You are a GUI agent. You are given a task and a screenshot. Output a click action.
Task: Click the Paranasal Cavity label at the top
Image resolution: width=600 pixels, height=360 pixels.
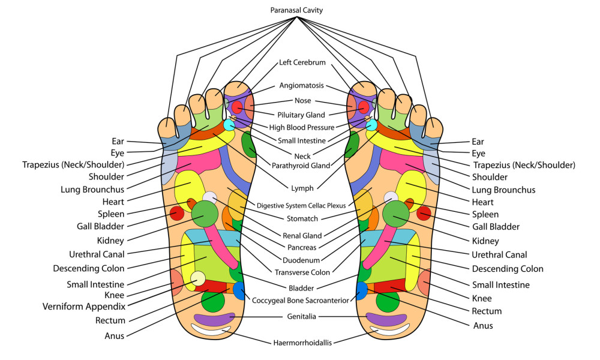point(296,10)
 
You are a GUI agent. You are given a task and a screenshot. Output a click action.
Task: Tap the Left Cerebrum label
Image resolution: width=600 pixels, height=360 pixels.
point(302,62)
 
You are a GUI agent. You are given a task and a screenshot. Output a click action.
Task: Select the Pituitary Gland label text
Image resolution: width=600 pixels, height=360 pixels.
point(301,115)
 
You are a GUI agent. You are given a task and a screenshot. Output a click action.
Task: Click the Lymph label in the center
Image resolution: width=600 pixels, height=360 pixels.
point(302,188)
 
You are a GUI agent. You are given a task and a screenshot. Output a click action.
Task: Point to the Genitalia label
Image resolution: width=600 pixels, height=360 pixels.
point(302,316)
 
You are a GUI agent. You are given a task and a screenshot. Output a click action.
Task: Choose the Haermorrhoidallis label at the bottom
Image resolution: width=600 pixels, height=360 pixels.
point(301,343)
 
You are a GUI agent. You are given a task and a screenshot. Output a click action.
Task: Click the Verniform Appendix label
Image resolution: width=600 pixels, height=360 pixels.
point(83,307)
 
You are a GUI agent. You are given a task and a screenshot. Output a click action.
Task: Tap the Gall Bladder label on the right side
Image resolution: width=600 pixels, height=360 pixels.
point(495,227)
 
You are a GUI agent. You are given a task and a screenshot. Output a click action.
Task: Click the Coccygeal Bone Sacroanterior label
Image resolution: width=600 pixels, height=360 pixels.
point(301,300)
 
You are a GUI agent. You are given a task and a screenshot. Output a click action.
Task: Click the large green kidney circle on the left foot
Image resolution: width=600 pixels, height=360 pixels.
point(205,213)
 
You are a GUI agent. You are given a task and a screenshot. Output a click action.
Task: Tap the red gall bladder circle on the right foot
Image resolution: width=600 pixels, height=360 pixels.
point(424,213)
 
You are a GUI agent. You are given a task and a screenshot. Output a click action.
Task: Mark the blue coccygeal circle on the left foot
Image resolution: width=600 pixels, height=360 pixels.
point(239,290)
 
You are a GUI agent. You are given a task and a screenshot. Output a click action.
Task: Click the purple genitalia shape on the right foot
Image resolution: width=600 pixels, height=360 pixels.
point(386,319)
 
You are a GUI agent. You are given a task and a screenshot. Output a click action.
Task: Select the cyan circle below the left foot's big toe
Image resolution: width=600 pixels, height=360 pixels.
point(229,125)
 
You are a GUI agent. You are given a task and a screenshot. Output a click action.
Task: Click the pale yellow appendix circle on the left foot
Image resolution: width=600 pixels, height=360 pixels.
point(197,278)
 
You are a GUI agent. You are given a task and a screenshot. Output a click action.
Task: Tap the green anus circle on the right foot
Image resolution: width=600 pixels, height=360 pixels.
point(387,301)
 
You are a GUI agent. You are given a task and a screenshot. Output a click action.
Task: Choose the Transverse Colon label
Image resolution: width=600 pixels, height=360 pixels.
point(301,271)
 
